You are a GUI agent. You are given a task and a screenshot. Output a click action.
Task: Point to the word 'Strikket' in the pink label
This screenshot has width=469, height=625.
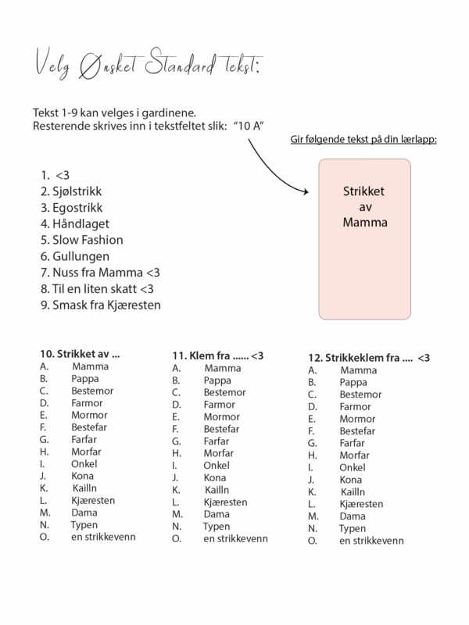pos(366,191)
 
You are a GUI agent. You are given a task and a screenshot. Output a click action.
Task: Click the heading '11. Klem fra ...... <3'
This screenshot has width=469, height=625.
pos(218,355)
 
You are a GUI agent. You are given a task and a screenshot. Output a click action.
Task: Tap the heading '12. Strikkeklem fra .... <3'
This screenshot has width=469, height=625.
pos(369,357)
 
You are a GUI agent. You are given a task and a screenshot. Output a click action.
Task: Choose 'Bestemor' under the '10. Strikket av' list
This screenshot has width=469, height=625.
pos(91,391)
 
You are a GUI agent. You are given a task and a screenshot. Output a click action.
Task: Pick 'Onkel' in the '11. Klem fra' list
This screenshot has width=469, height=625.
pos(217,465)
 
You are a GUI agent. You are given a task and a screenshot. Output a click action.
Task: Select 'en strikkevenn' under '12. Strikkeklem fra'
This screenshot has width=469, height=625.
pos(371,541)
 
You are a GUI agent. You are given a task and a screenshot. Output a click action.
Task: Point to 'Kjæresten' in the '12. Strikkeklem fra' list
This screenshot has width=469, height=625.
pos(362,504)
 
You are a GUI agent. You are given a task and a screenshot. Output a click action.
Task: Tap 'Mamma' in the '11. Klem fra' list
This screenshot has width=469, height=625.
pos(223,367)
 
